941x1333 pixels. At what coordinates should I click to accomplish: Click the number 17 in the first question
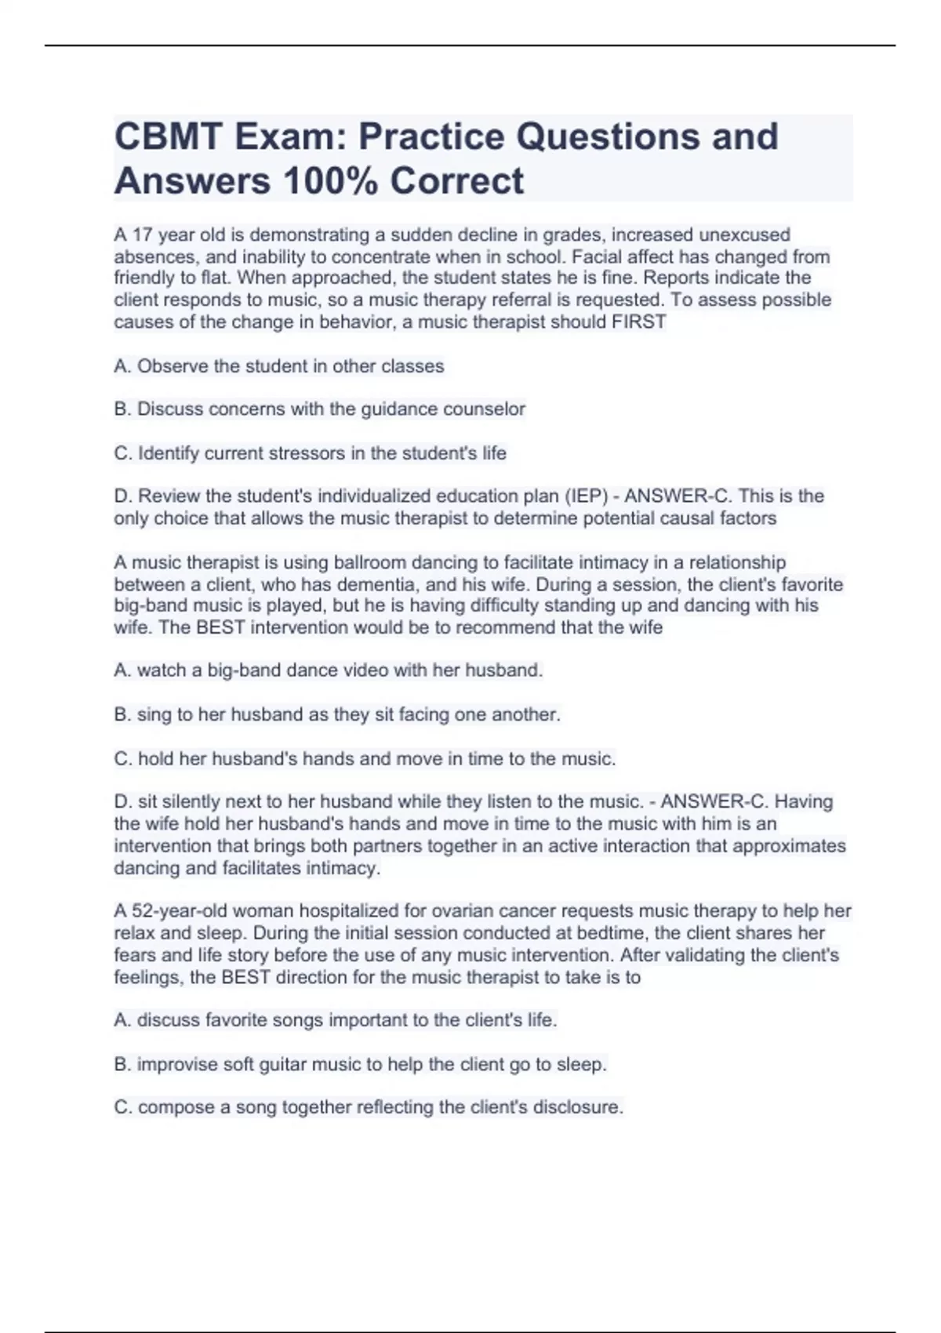tap(142, 234)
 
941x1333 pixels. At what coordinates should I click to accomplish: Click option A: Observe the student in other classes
tap(279, 366)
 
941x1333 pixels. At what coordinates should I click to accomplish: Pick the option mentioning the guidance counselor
tap(319, 409)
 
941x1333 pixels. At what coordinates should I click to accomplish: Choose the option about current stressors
tap(311, 453)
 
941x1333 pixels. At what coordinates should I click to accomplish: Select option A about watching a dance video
tap(329, 670)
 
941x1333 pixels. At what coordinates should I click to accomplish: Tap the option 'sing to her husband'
tap(337, 714)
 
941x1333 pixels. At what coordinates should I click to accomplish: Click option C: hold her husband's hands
tap(365, 759)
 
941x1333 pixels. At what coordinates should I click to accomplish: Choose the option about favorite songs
tap(336, 1020)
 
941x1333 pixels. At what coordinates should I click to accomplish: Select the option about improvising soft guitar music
tap(361, 1065)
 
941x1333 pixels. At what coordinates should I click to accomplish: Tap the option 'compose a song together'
tap(369, 1107)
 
